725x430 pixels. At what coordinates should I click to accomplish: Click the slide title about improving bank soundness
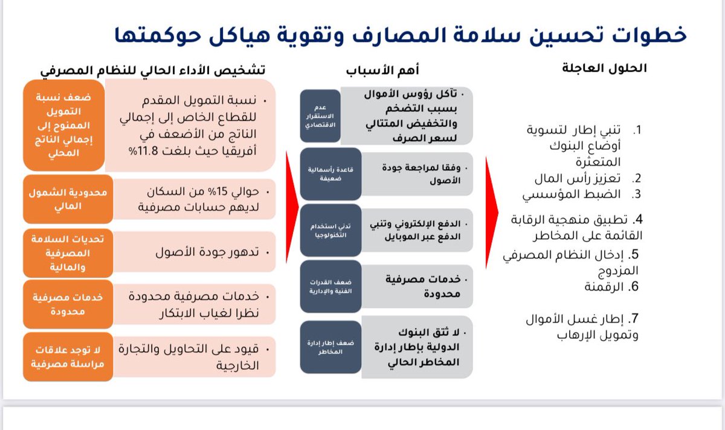tap(400, 34)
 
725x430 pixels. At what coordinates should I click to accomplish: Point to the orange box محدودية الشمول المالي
tap(68, 199)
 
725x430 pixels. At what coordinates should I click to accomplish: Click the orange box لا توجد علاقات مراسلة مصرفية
tap(68, 356)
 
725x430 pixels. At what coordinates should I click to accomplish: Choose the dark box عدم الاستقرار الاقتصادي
tap(320, 115)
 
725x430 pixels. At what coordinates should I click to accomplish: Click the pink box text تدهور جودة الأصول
tap(208, 251)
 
